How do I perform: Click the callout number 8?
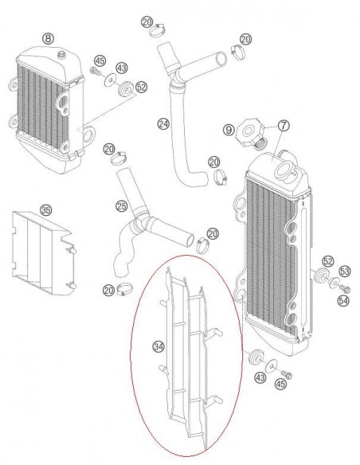[x=48, y=38]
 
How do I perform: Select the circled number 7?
[x=284, y=126]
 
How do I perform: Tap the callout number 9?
[x=229, y=130]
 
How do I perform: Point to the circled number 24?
[x=163, y=123]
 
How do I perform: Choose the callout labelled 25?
[x=122, y=206]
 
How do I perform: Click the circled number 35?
[x=45, y=210]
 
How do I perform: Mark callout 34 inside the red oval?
[x=158, y=346]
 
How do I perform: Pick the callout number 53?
[x=345, y=271]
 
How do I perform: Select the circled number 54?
[x=343, y=301]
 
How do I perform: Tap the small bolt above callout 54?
[x=345, y=288]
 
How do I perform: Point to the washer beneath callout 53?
[x=334, y=283]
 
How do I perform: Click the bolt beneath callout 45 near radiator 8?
[x=95, y=71]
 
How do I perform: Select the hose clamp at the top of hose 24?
[x=157, y=29]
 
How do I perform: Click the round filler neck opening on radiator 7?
[x=285, y=171]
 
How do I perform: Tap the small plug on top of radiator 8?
[x=61, y=55]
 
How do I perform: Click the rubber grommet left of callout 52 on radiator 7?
[x=320, y=275]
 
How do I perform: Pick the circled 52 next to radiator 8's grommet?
[x=141, y=87]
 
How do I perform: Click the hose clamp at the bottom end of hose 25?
[x=124, y=288]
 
